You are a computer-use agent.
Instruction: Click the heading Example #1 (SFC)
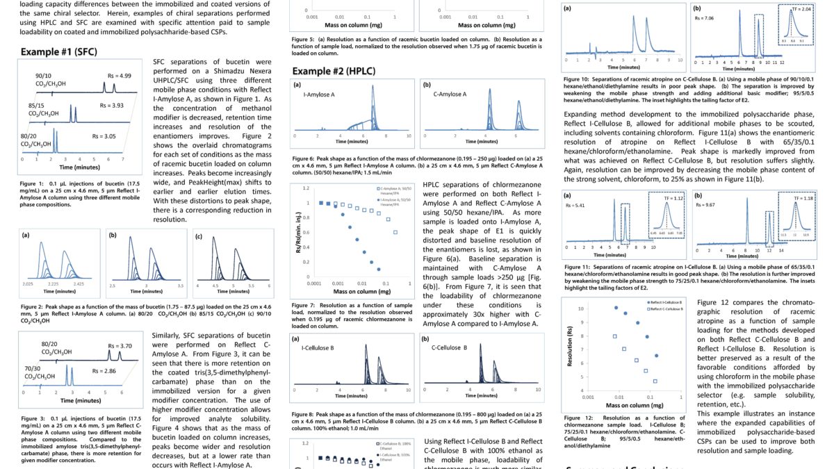58,52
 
